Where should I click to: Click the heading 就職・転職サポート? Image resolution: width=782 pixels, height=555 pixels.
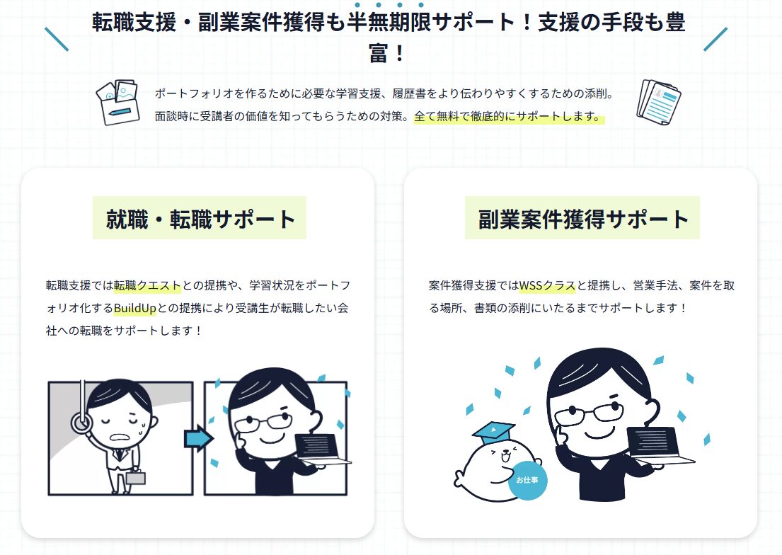pos(200,219)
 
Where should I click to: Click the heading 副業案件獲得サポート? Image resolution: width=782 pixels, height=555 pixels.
pos(582,219)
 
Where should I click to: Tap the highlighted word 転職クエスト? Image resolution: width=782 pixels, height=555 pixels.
pos(147,285)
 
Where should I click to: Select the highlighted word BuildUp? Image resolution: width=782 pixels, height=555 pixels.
pos(134,308)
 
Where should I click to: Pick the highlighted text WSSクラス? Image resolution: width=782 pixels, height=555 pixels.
pos(547,285)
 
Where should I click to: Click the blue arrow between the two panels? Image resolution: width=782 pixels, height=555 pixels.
pos(198,438)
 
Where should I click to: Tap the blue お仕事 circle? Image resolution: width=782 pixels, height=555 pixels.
pos(527,480)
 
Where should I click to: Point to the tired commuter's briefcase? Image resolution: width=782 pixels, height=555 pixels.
pos(136,478)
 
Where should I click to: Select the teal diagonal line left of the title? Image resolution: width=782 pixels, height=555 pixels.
pos(57,39)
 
